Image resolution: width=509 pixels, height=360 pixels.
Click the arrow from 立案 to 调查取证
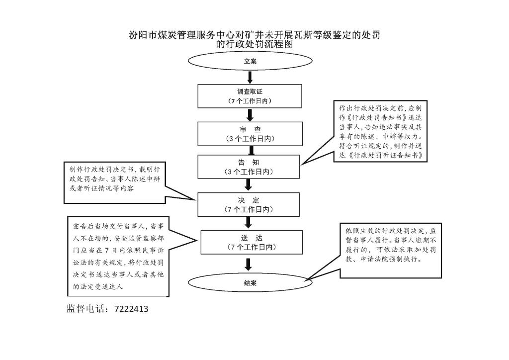tap(250, 77)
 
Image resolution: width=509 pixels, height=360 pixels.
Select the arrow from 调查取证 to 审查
tap(250, 115)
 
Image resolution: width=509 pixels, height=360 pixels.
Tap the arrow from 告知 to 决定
tap(249, 185)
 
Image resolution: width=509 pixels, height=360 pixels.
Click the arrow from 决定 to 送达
tap(249, 223)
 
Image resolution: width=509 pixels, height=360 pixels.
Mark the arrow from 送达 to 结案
tap(249, 264)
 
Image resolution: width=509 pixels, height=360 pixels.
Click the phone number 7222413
tap(131, 309)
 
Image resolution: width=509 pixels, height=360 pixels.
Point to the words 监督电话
tap(85, 309)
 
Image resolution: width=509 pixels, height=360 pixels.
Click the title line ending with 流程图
tap(254, 44)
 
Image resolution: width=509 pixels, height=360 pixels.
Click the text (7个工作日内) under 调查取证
tap(250, 101)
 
